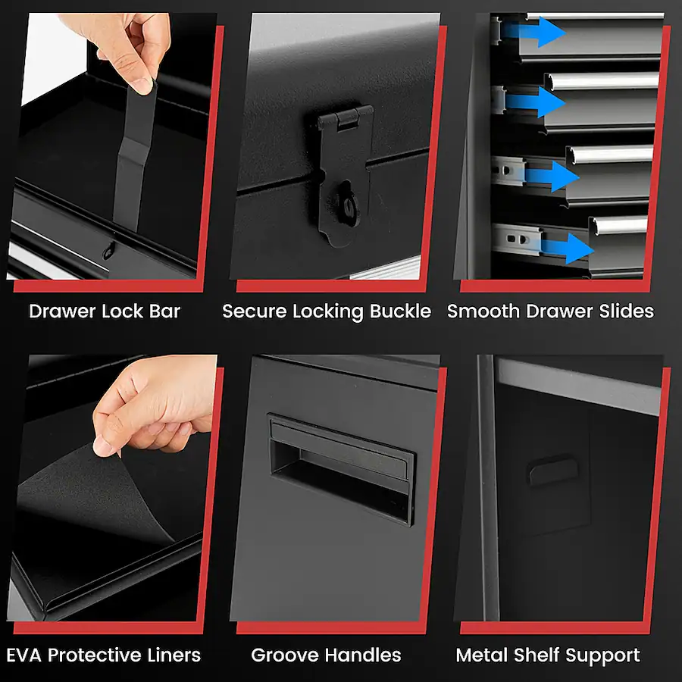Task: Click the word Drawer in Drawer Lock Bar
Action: (x=63, y=311)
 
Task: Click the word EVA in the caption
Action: (x=25, y=655)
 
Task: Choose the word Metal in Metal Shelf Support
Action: (x=483, y=655)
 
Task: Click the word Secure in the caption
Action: (x=255, y=311)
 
